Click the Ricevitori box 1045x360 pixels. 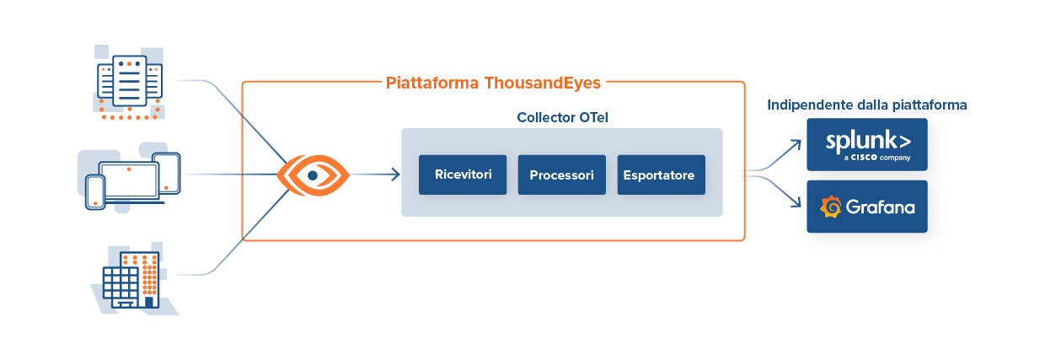click(463, 175)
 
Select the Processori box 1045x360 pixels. click(561, 175)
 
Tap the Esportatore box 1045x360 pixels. click(661, 175)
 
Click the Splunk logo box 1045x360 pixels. click(866, 144)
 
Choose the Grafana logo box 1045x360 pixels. click(866, 207)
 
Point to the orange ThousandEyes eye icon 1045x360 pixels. click(313, 175)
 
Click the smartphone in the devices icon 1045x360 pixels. click(95, 191)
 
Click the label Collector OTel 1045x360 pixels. click(562, 117)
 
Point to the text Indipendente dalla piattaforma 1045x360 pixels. click(866, 105)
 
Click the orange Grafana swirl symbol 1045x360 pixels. click(831, 207)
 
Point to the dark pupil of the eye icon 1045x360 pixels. click(313, 175)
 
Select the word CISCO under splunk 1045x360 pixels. click(865, 157)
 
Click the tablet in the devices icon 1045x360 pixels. click(167, 173)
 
